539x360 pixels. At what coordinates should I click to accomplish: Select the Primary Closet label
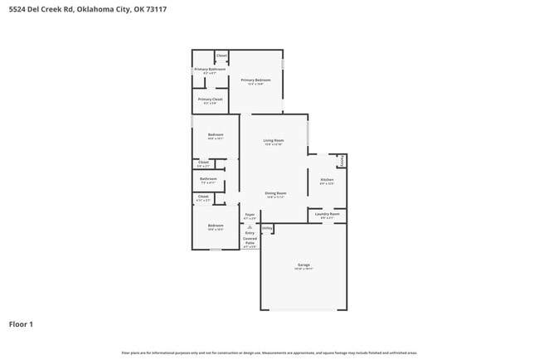[210, 100]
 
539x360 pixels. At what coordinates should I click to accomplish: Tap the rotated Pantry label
[342, 159]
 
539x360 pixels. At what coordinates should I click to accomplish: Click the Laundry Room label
[327, 215]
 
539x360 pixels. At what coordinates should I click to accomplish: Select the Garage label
[303, 265]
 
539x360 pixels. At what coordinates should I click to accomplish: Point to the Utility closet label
[267, 227]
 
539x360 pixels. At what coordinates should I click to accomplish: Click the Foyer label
[250, 215]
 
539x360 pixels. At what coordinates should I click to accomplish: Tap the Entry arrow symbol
[250, 226]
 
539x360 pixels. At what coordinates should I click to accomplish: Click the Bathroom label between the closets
[208, 178]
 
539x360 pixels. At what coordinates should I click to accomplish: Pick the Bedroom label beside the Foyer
[216, 226]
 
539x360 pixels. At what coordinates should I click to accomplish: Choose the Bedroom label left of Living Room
[216, 135]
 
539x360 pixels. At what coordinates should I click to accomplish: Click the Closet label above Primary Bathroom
[221, 56]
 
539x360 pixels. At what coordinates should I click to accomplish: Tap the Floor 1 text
[21, 324]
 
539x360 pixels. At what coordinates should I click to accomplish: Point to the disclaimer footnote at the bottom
[269, 352]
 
